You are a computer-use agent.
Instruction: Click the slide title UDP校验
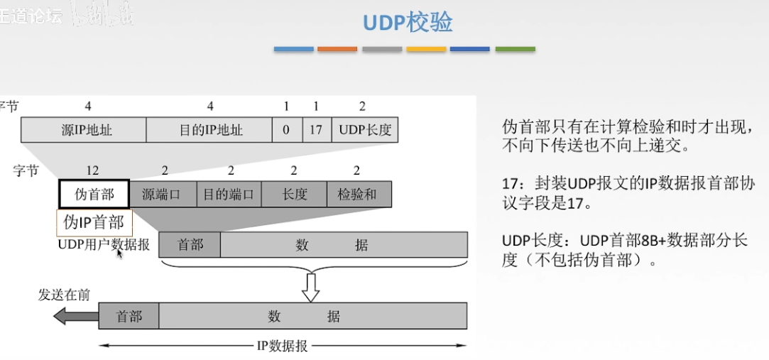coord(408,23)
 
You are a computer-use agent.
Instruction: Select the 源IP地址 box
coord(84,130)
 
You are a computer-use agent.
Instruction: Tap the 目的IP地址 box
coord(209,130)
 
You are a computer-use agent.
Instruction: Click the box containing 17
coord(316,130)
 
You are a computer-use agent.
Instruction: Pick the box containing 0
coord(286,130)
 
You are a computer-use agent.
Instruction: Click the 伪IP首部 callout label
coord(94,222)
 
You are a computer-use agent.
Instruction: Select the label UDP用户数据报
coord(104,244)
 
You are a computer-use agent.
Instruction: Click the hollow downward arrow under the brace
coord(310,287)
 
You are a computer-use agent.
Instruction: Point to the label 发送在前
coord(64,295)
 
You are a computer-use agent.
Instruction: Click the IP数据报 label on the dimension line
coord(282,347)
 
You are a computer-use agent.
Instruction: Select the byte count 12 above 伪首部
coord(92,170)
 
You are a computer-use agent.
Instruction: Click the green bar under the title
coord(515,49)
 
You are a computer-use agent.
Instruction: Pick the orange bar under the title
coord(337,49)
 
